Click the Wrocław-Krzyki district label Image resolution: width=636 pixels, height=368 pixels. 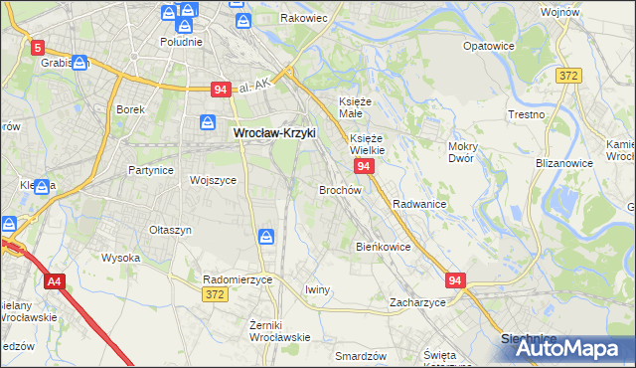273,131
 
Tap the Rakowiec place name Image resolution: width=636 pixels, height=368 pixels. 305,18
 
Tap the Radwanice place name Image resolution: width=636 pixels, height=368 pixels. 418,203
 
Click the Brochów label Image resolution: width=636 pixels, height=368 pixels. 339,189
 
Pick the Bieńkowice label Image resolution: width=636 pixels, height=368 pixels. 383,246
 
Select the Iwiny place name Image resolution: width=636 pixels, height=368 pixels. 317,289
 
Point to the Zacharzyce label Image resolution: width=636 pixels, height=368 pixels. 417,301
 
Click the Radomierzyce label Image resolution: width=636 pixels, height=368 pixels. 238,279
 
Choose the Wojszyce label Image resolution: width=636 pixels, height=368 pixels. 212,180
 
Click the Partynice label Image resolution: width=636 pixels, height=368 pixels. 152,170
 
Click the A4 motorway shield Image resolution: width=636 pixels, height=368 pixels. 54,282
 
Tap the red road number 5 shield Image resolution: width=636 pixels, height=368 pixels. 38,47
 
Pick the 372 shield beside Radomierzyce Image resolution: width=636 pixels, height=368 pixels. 214,294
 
